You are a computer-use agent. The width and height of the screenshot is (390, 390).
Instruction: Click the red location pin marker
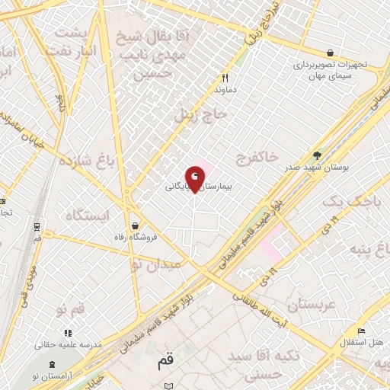click(195, 178)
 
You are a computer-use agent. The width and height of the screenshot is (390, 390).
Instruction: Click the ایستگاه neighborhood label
click(87, 216)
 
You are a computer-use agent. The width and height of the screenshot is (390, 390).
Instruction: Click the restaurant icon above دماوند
click(225, 77)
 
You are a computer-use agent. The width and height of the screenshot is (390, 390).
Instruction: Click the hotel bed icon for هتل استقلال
click(361, 331)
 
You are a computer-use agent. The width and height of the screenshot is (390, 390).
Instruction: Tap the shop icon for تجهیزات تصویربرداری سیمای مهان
click(329, 53)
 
